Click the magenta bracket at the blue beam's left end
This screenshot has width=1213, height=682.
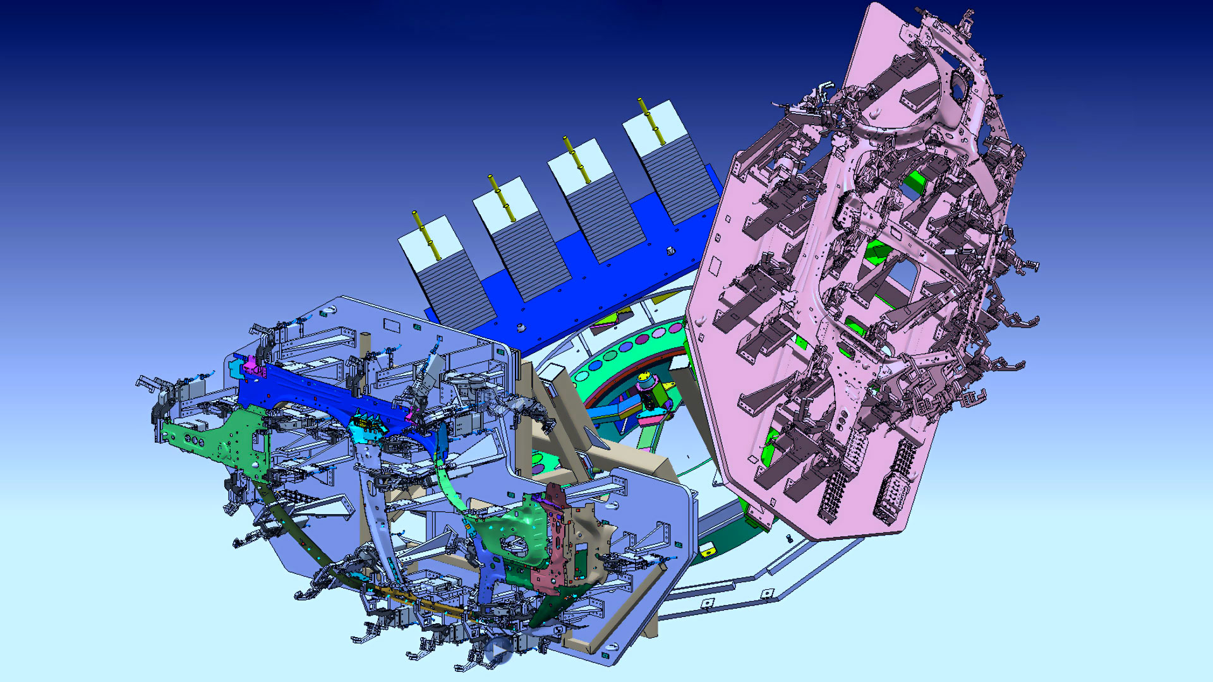pos(253,366)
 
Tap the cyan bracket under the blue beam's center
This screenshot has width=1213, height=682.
pos(369,427)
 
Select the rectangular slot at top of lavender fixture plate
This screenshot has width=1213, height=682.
pos(392,324)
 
